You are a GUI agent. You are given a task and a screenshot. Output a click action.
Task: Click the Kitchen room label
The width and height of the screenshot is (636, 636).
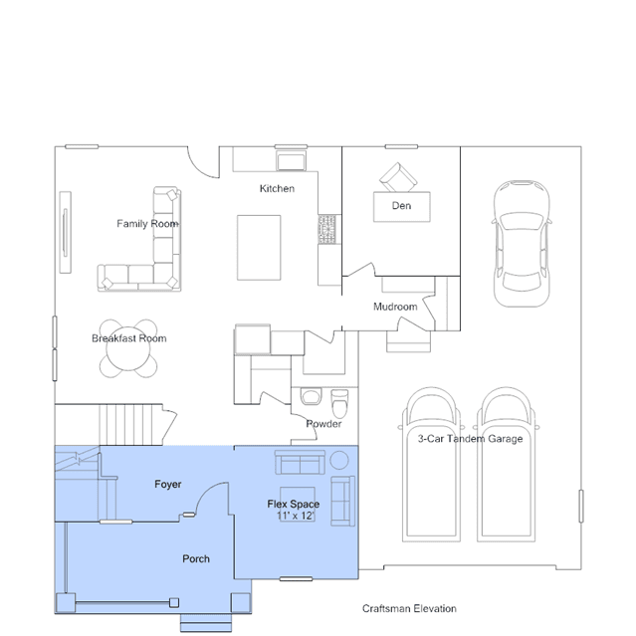click(x=277, y=188)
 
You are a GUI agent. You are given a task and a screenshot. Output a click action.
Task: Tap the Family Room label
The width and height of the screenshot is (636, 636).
click(x=147, y=224)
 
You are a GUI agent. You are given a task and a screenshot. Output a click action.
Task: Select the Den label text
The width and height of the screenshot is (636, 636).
click(x=401, y=206)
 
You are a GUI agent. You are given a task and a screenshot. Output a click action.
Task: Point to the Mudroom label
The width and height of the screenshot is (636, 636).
click(x=395, y=307)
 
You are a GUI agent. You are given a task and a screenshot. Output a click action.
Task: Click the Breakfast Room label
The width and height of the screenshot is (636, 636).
click(x=129, y=338)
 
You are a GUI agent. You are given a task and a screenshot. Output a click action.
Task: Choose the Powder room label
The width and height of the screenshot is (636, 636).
click(x=323, y=424)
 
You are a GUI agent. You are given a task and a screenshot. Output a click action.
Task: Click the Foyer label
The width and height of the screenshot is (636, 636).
click(x=168, y=485)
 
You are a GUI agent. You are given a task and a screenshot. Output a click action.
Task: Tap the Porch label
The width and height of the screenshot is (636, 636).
click(x=196, y=559)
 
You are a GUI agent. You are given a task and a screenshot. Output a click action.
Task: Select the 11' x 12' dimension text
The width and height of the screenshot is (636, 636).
click(x=296, y=516)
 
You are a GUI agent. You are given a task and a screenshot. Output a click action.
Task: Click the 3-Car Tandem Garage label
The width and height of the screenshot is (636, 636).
click(x=471, y=439)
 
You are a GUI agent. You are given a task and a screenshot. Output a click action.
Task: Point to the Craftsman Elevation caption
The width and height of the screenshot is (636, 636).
click(x=409, y=608)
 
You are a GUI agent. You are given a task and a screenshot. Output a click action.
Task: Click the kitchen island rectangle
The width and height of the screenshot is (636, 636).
click(x=259, y=248)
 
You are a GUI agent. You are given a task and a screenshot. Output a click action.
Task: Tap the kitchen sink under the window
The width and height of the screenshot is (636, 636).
click(x=291, y=161)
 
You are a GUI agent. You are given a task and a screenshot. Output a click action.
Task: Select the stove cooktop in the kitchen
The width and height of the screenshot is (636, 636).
click(x=326, y=229)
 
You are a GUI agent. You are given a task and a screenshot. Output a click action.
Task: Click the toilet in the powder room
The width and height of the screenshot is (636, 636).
click(x=339, y=403)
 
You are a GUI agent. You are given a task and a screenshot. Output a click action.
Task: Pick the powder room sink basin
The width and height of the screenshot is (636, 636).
click(x=311, y=396)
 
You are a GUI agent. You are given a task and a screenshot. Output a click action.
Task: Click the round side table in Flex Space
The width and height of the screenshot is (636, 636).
click(x=339, y=461)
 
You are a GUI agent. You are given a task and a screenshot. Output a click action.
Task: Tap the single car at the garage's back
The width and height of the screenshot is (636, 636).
click(x=522, y=244)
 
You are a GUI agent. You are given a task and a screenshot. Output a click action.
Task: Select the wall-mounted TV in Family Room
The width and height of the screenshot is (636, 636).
click(x=65, y=232)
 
